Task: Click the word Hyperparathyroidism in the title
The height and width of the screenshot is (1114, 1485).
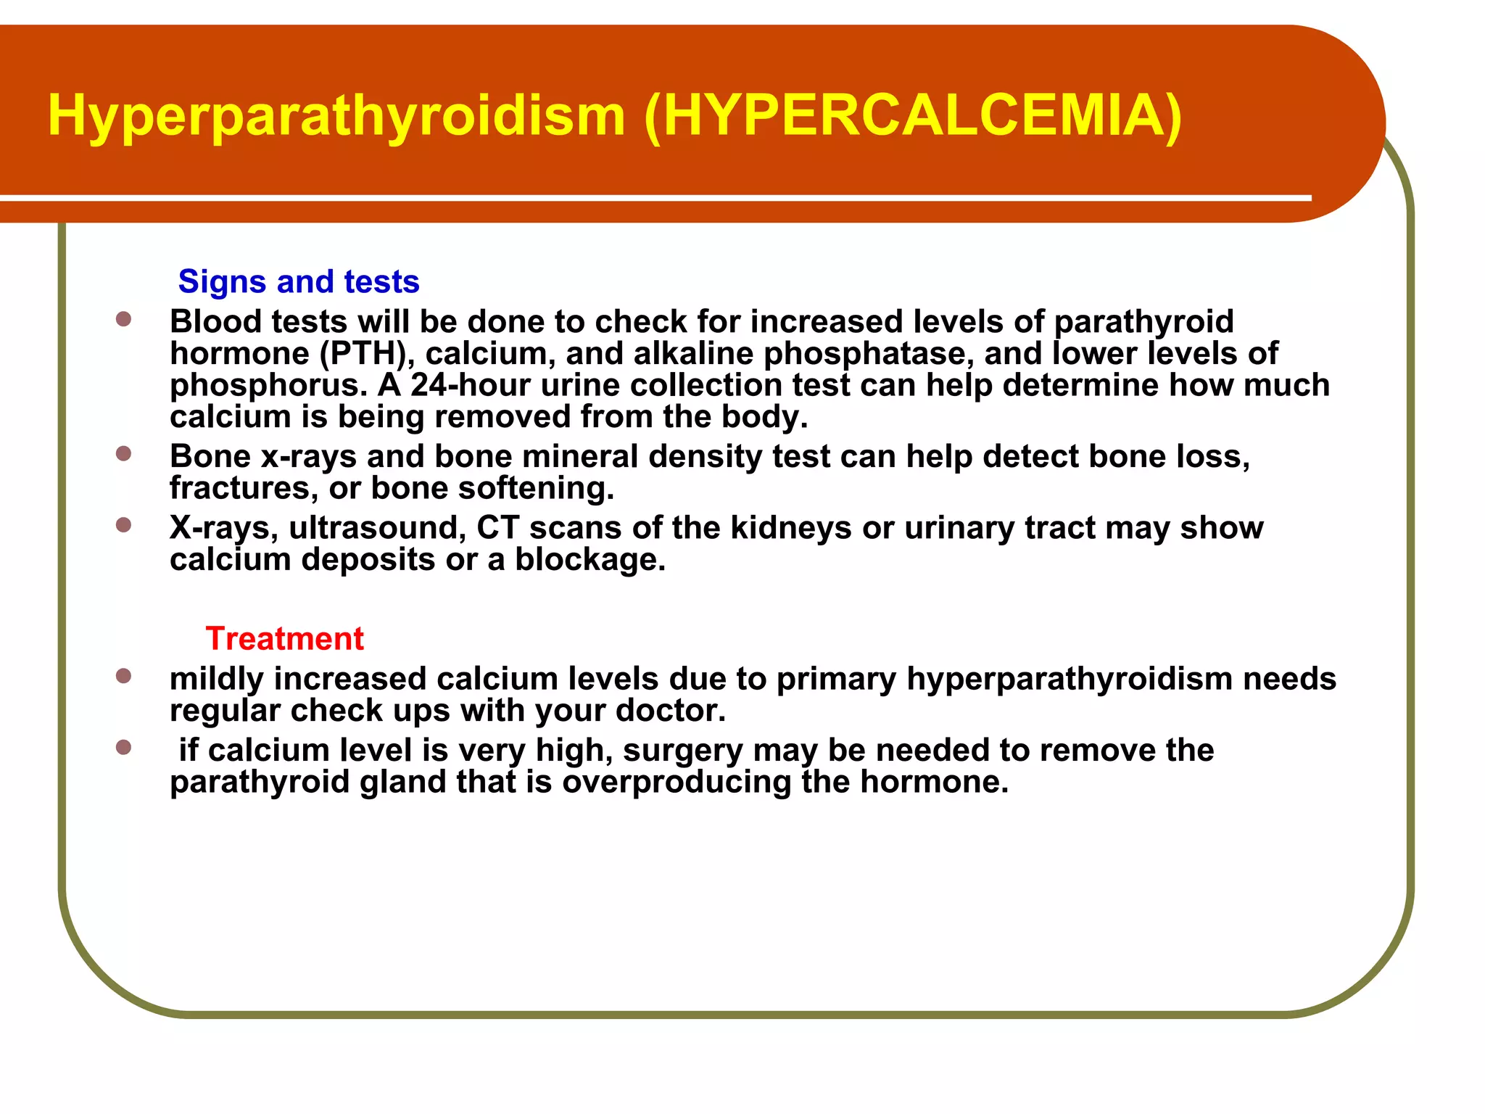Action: (x=336, y=116)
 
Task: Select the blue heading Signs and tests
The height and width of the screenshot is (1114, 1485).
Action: (x=298, y=281)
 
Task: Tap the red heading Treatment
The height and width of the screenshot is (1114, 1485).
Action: (x=284, y=638)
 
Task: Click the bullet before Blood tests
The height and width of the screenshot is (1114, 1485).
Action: (x=124, y=319)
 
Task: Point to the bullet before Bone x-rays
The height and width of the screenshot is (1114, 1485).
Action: (x=124, y=454)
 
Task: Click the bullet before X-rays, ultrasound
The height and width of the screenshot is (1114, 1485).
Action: (x=124, y=525)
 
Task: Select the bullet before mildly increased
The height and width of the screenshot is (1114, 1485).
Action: (x=124, y=676)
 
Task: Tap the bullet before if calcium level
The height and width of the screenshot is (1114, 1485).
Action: (x=124, y=748)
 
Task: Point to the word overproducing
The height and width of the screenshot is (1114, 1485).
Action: (x=677, y=783)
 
